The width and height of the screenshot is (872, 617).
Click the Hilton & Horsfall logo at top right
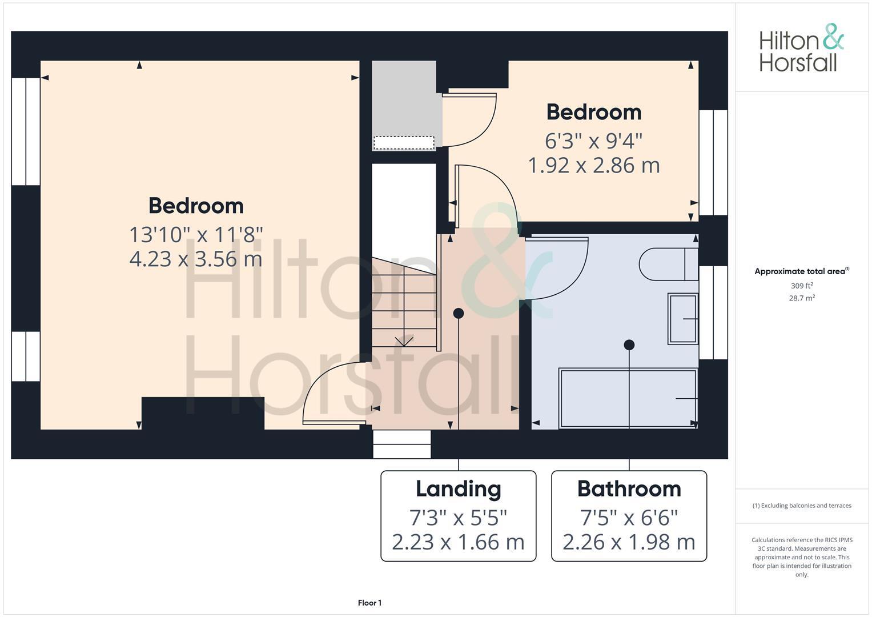tap(801, 48)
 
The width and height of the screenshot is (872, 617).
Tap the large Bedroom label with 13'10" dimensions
tap(196, 206)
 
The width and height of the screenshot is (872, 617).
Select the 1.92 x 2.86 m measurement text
tap(594, 166)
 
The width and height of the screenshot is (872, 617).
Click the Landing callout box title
tap(458, 489)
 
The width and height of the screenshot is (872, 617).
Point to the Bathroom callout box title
tap(629, 489)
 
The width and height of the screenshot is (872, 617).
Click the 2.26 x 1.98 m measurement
tap(629, 542)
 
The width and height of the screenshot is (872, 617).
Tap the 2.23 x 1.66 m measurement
tap(458, 542)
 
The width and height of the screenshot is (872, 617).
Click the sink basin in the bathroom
tap(682, 319)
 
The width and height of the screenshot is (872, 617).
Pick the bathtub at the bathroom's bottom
tap(628, 398)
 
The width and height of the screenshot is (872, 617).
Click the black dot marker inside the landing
tap(458, 313)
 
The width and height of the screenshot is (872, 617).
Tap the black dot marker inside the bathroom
tap(629, 345)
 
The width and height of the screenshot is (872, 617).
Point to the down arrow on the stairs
tap(404, 340)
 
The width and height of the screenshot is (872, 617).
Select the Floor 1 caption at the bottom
tap(369, 603)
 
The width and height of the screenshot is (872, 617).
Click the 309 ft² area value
tap(801, 286)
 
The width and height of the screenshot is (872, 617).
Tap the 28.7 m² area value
tap(801, 298)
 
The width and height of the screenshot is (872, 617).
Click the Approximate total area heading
tap(801, 271)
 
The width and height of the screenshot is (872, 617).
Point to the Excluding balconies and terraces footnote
tap(801, 506)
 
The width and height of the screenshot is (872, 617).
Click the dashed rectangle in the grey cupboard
tap(404, 143)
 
